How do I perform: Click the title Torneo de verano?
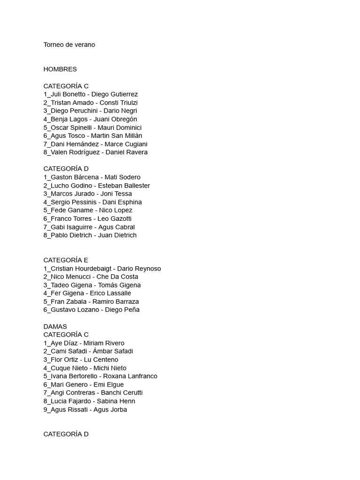69,45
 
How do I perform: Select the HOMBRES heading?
60,69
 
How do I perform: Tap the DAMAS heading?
55,326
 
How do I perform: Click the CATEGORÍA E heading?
66,260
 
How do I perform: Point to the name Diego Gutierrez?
114,94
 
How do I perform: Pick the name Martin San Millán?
116,135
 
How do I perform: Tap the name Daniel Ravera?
127,152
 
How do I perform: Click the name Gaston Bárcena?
75,177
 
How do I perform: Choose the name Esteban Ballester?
124,186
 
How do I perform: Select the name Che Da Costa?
117,277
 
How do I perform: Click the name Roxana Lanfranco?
130,376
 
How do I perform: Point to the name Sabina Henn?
116,401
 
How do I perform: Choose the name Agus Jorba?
110,409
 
